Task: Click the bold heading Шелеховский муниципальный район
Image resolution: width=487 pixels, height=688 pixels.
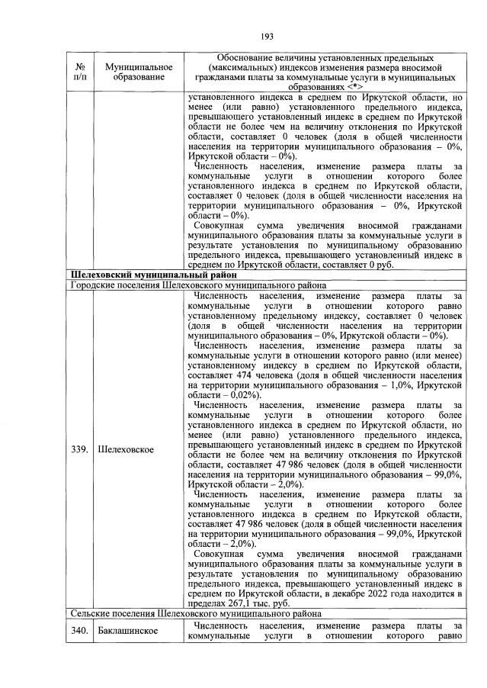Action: click(143, 275)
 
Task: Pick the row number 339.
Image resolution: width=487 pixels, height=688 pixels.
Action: click(79, 449)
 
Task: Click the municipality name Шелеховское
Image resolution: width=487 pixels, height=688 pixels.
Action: click(126, 449)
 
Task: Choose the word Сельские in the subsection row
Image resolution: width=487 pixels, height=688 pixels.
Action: click(91, 613)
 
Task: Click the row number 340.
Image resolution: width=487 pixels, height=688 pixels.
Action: click(79, 630)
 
